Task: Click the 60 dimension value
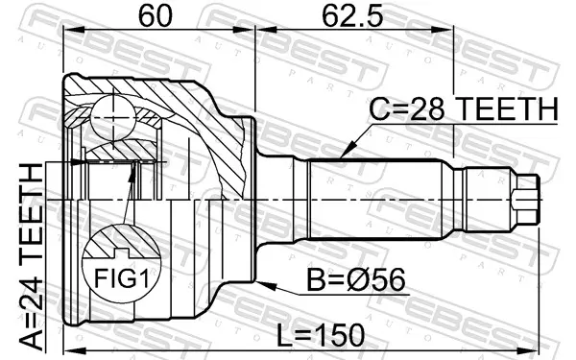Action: [155, 16]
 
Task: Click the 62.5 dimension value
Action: [352, 16]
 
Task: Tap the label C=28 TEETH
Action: [464, 109]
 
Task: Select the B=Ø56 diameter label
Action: [356, 279]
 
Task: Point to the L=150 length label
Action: [321, 335]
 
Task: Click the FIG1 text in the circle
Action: [122, 278]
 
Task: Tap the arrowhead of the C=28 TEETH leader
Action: [348, 151]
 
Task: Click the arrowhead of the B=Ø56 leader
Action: [265, 285]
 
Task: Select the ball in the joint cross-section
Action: [113, 117]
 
